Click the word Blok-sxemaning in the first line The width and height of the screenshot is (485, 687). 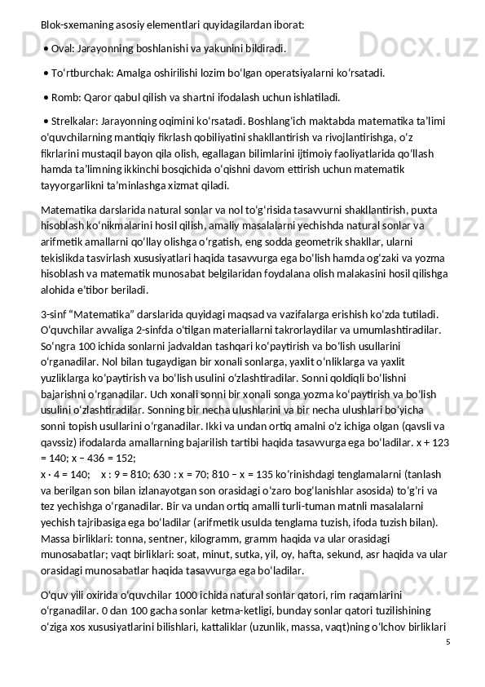coord(76,24)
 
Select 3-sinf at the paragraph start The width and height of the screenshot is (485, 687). coord(55,314)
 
